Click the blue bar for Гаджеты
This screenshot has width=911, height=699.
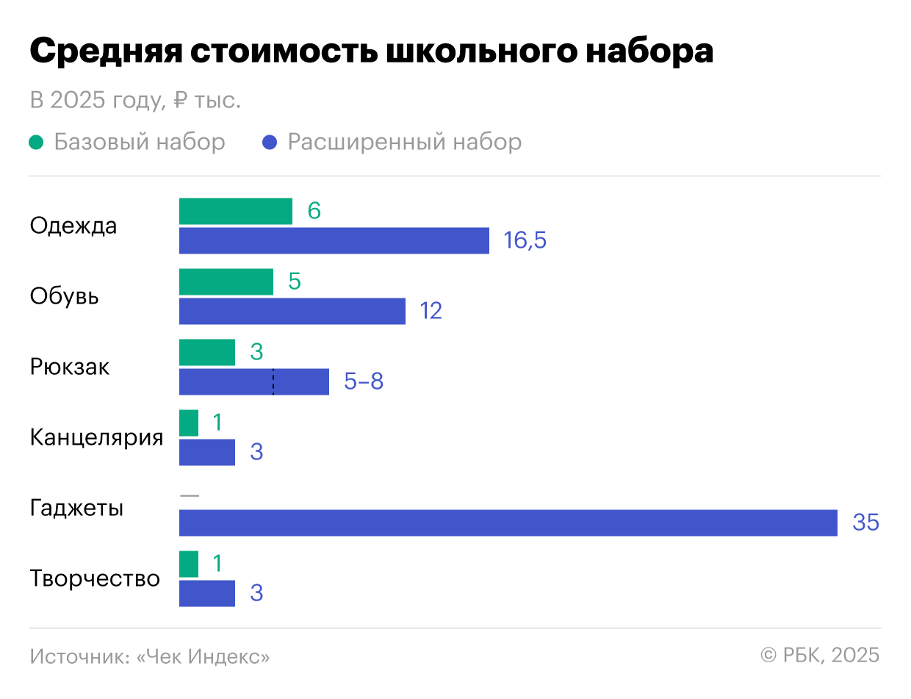(x=508, y=523)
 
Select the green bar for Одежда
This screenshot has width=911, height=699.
(x=235, y=212)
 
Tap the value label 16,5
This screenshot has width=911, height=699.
(x=525, y=240)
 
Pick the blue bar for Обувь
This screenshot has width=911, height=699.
(x=292, y=311)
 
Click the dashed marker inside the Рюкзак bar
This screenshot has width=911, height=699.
(x=273, y=381)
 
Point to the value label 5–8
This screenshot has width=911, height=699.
(x=364, y=381)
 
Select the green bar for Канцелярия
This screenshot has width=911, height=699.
(x=189, y=423)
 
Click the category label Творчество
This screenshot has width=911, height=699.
(x=95, y=578)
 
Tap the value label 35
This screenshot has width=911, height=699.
(x=865, y=523)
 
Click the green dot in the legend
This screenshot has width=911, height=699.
(x=36, y=142)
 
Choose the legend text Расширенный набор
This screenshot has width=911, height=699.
(x=404, y=142)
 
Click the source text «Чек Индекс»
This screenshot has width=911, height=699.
(x=204, y=656)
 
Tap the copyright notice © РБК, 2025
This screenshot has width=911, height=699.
(x=819, y=655)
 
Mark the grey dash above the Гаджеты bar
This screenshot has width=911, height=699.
(x=189, y=495)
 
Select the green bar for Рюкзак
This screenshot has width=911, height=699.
(x=207, y=353)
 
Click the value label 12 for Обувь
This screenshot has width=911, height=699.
(x=431, y=311)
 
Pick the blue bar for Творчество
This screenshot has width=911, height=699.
(x=207, y=593)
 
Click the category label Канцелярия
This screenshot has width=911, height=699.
(x=96, y=437)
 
